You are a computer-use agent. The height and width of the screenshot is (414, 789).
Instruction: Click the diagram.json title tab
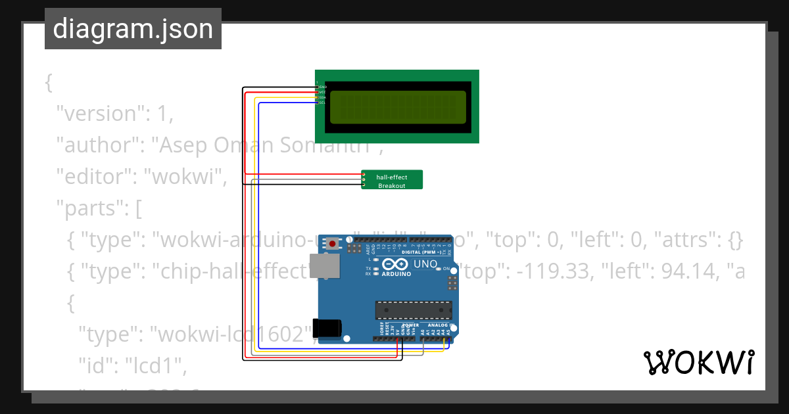133,29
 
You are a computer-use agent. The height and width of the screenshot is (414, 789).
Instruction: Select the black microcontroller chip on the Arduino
414,309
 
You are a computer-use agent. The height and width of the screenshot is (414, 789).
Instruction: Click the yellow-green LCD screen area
398,107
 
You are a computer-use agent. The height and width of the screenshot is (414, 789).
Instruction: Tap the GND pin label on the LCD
323,87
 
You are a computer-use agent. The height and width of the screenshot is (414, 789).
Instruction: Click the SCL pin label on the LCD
323,103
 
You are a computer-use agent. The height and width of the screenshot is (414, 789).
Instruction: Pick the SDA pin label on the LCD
323,97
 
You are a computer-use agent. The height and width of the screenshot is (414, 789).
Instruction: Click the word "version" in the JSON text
101,114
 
